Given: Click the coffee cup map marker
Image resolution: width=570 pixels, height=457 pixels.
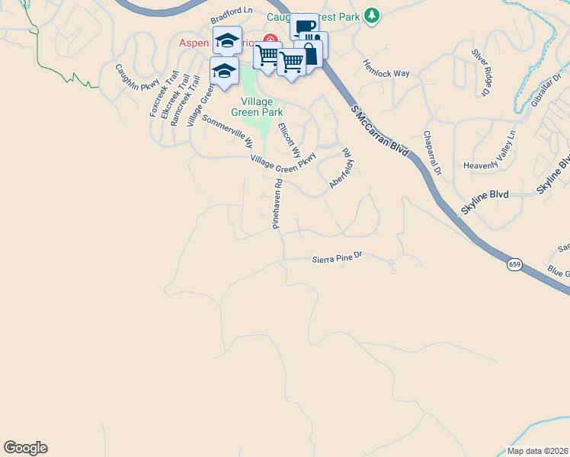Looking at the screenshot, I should pos(304,26).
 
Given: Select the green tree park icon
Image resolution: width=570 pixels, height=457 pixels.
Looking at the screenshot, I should pos(371,15).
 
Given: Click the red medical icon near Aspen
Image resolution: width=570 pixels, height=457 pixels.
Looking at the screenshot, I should pos(269,40).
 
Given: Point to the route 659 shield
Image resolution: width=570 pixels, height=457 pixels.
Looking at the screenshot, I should pos(515,264).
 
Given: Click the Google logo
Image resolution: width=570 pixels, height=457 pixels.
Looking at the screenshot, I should pos(25,447).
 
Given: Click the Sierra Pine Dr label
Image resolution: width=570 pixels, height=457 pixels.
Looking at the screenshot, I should pos(341,259).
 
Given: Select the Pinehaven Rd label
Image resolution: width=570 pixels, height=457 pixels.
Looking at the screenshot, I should pos(278,203).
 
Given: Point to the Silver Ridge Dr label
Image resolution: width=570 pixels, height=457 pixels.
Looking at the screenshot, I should pos(479,72).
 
